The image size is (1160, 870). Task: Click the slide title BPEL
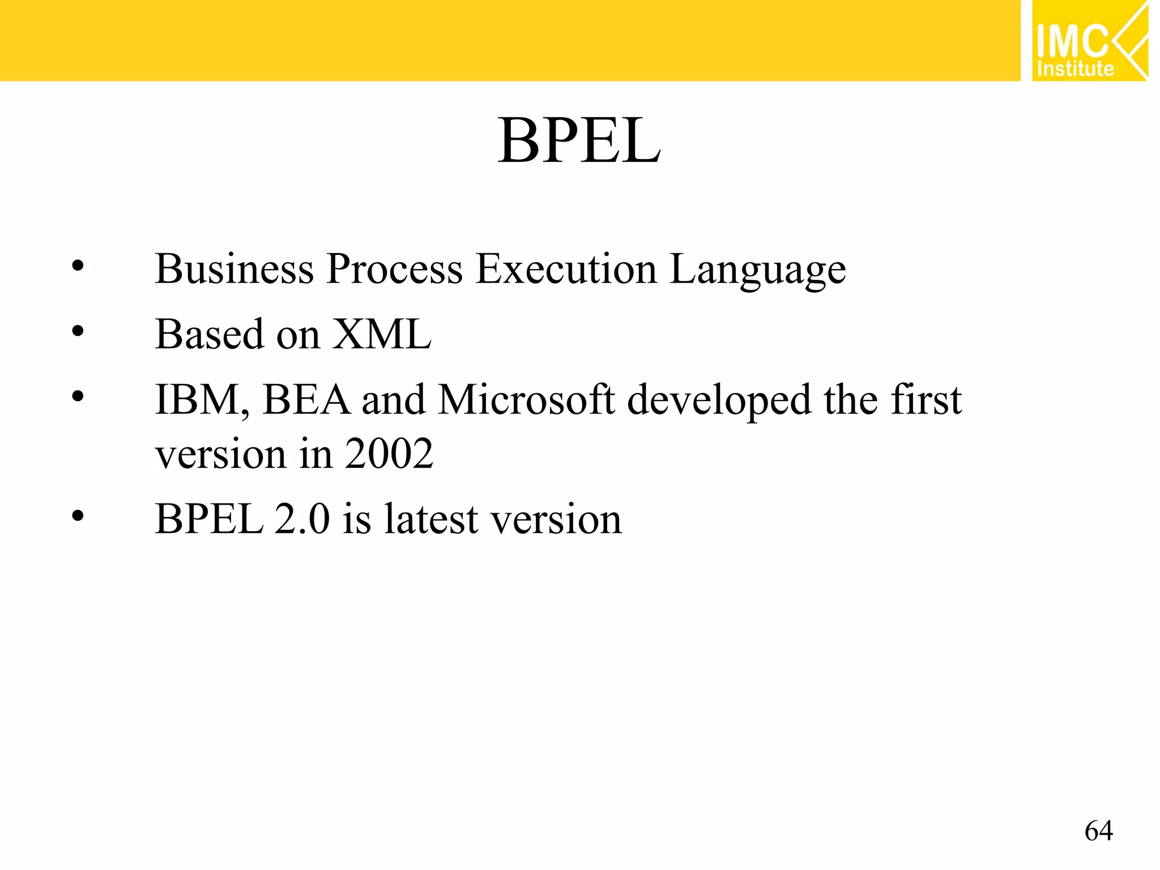(x=579, y=140)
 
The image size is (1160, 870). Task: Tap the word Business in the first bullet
(x=234, y=268)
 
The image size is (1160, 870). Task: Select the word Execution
(x=566, y=268)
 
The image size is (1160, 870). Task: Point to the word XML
(x=381, y=334)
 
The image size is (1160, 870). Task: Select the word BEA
(x=306, y=400)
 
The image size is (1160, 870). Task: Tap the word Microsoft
(x=526, y=400)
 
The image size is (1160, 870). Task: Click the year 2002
(x=389, y=454)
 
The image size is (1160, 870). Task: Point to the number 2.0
(x=301, y=519)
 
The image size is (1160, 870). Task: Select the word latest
(x=431, y=519)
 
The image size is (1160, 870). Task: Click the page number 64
(x=1098, y=830)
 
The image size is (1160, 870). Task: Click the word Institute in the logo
(x=1075, y=69)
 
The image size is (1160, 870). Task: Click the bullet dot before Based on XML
(x=78, y=332)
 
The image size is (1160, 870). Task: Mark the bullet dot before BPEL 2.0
(x=78, y=516)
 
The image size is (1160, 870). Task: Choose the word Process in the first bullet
(x=395, y=268)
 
